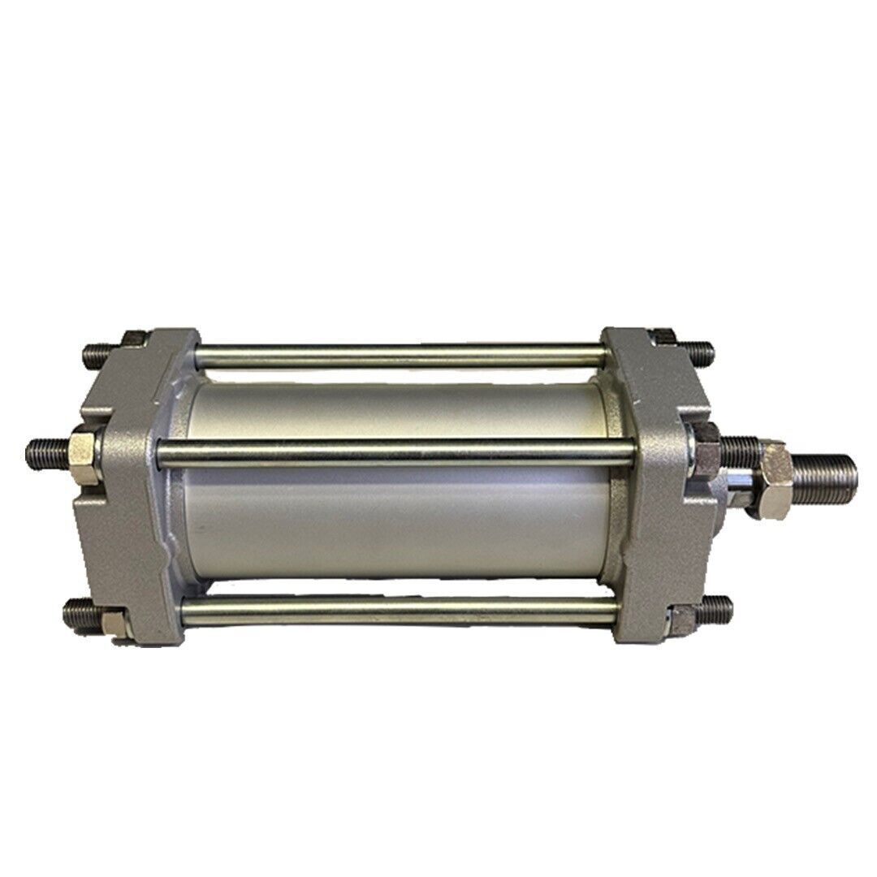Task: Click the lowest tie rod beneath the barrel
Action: click(x=398, y=610)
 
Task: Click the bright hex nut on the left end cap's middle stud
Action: click(x=84, y=447)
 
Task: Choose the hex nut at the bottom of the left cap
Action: click(x=115, y=622)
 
